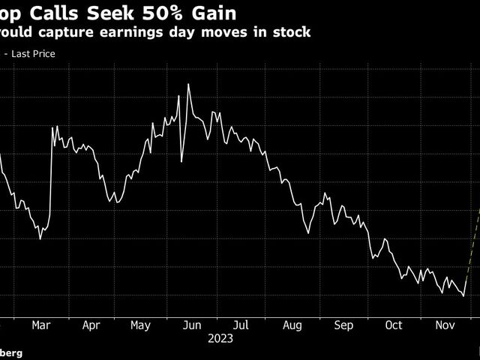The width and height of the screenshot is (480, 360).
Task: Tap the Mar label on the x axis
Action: [x=41, y=325]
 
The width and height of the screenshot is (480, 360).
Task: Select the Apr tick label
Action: [x=91, y=325]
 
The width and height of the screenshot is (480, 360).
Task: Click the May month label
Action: [x=140, y=325]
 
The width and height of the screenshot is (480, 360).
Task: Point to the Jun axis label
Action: [x=191, y=325]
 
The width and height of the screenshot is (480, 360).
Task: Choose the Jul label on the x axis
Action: [x=241, y=325]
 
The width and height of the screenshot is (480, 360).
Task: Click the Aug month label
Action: [x=292, y=325]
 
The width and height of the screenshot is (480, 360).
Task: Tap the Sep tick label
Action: [x=343, y=325]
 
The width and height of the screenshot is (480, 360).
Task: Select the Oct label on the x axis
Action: [x=393, y=325]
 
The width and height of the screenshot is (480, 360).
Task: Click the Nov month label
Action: [x=443, y=325]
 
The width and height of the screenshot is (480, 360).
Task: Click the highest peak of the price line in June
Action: [x=187, y=84]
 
